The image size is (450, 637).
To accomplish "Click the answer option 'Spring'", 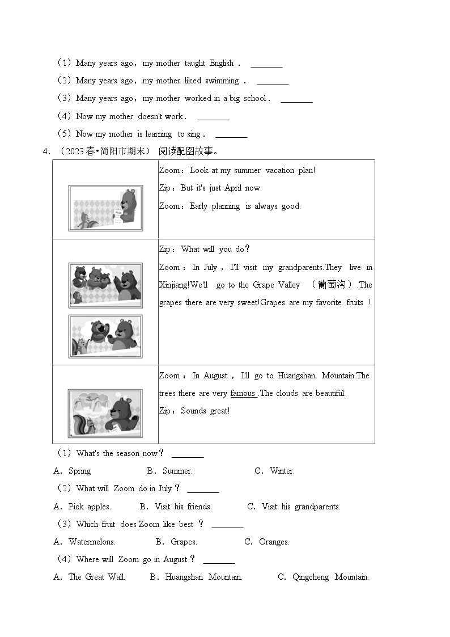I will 79,471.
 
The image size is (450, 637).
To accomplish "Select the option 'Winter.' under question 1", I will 282,471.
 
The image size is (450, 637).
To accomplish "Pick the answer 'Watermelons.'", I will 92,542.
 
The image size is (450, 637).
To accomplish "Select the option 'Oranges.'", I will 274,542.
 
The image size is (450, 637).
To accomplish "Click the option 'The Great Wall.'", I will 96,577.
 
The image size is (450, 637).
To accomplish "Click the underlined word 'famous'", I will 243,393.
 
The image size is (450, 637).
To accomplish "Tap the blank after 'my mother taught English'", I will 266,64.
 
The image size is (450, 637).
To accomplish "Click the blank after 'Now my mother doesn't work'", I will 213,117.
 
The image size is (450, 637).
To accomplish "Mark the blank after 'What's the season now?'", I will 188,454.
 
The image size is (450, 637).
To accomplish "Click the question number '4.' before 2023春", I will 46,151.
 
